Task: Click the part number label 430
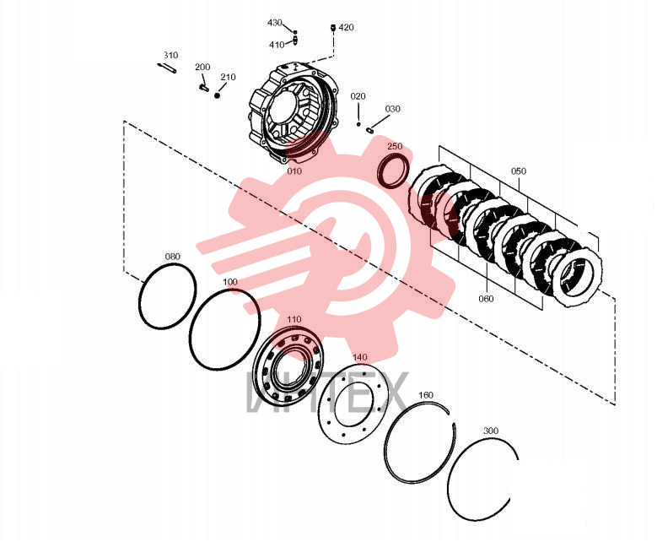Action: tap(274, 23)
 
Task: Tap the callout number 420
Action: tap(346, 27)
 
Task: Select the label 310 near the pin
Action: tap(171, 56)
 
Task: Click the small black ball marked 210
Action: tap(217, 95)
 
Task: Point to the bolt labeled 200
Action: tap(203, 87)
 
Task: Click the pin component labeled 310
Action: tap(167, 68)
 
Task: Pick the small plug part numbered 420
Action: tap(333, 28)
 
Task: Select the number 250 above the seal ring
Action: tap(395, 146)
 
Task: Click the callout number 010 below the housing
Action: tap(294, 171)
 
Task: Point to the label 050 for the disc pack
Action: tap(519, 171)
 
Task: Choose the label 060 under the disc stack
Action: tap(486, 299)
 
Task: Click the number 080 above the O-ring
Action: tap(173, 257)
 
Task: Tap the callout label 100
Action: tap(229, 281)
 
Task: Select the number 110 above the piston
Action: tap(294, 319)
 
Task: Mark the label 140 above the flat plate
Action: tap(360, 357)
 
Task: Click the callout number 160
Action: tap(426, 395)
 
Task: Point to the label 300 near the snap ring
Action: tap(491, 431)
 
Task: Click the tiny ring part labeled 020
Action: tap(358, 124)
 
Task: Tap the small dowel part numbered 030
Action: tap(369, 130)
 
